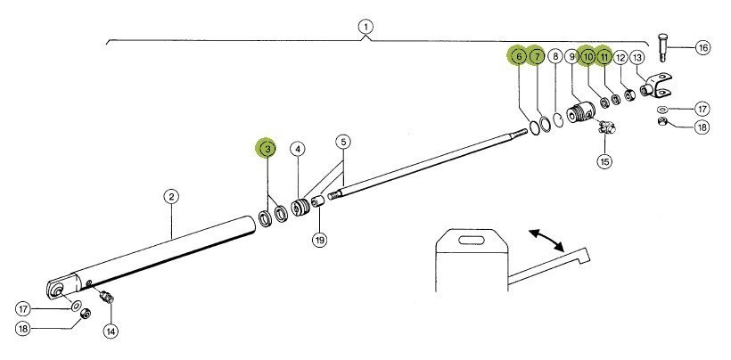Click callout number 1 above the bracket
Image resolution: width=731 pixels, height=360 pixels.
365,26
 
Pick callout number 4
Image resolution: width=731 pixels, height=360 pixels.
297,149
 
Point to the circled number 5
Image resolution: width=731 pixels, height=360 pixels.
343,143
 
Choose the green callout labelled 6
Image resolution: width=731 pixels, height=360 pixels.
518,57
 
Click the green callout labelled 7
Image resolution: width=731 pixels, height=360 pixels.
536,57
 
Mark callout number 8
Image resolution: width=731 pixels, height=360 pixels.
555,57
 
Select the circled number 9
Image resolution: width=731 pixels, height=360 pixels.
571,57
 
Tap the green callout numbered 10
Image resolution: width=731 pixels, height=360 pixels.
587,57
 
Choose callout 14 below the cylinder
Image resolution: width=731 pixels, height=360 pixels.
111,331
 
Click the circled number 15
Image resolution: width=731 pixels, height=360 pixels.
604,161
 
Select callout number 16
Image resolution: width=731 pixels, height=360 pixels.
702,46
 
